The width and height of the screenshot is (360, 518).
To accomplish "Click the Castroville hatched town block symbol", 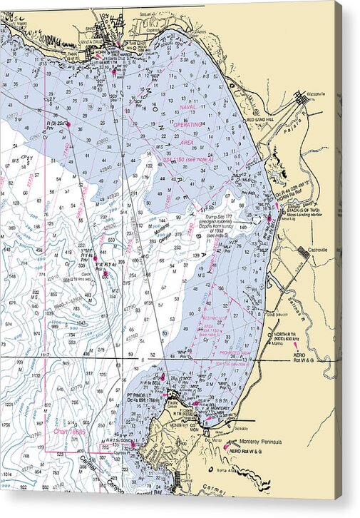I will click(303, 252).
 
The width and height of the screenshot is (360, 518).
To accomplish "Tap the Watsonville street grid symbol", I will click(302, 99).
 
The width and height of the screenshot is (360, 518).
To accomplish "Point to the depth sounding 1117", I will click(46, 355).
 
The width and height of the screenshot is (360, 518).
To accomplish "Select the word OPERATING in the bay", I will click(188, 124).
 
